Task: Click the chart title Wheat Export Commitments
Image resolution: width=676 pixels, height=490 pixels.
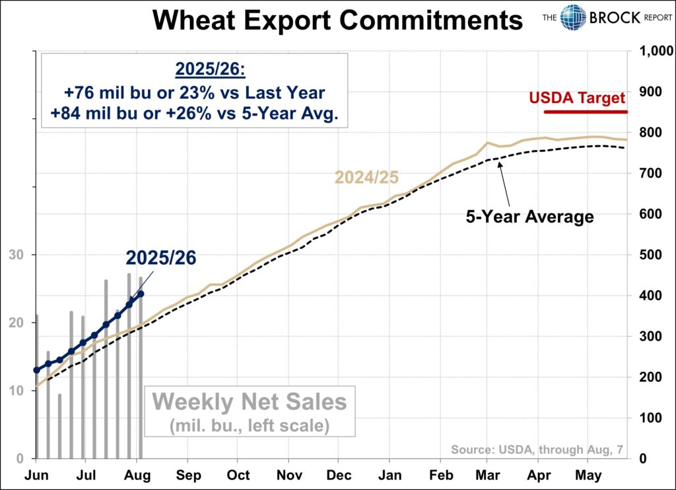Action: pos(337,21)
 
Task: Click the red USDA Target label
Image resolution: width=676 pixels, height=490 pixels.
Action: pos(577,98)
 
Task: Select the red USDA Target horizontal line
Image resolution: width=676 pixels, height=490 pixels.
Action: pos(585,112)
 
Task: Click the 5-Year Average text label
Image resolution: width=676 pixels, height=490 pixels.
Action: pos(530,216)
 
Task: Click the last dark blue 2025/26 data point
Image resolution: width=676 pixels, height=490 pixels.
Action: pos(141,294)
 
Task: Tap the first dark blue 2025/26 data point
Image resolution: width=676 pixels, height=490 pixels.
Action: pos(36,370)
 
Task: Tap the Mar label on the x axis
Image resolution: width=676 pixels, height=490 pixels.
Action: pos(488,475)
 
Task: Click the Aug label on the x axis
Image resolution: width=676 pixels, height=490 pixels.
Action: pos(137,475)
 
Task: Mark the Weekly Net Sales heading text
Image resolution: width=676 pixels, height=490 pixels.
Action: pos(249,402)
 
